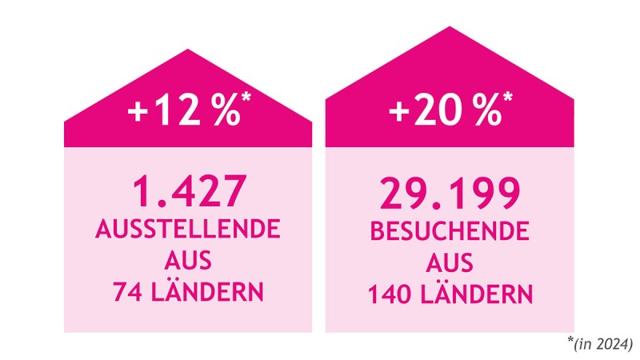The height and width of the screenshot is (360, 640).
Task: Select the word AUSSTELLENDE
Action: pyautogui.click(x=188, y=231)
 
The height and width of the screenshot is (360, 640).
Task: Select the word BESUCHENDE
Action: pyautogui.click(x=450, y=233)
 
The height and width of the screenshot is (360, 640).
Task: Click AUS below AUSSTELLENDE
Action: pyautogui.click(x=188, y=262)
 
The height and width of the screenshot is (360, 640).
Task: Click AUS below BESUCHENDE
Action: pyautogui.click(x=450, y=263)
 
